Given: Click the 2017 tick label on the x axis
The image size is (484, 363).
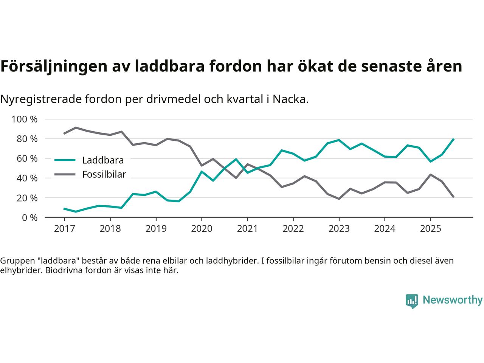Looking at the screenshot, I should [x=64, y=229].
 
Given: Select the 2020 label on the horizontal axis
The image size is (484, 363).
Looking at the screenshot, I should [x=202, y=229].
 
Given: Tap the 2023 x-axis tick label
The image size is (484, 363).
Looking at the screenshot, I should [x=339, y=229].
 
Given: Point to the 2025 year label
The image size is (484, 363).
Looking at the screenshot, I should [x=430, y=229].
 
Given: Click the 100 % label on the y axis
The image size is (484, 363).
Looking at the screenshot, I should [x=25, y=119].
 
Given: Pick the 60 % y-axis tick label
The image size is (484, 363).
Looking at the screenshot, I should [x=27, y=159].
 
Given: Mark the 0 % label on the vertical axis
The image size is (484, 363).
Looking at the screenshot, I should [x=29, y=218].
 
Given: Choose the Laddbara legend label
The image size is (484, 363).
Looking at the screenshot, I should [x=103, y=160].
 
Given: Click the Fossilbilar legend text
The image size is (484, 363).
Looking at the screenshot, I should [x=104, y=175].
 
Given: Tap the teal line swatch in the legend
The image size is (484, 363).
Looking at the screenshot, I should [x=65, y=160].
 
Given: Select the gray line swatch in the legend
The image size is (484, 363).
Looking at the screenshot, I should [x=65, y=175].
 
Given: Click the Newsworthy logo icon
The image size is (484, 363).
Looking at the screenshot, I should [x=412, y=301].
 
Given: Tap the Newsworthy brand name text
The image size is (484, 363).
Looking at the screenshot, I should [x=452, y=300].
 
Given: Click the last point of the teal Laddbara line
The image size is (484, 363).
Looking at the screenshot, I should [x=453, y=139].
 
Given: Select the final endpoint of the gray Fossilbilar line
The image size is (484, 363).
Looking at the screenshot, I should [x=453, y=197].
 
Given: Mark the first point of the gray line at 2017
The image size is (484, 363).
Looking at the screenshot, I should [x=64, y=133].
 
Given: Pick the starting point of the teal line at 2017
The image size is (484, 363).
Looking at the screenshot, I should [x=64, y=208].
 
